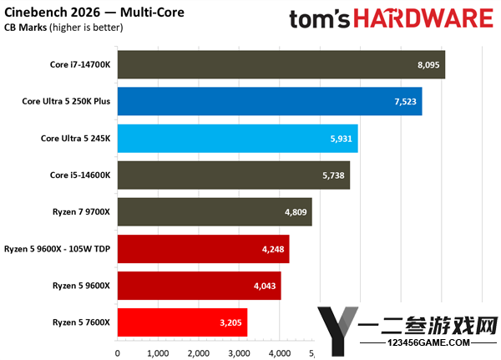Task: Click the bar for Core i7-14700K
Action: tap(281, 64)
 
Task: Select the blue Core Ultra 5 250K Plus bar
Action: tap(270, 101)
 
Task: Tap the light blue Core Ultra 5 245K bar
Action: tap(238, 139)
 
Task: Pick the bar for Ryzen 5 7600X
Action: tap(182, 322)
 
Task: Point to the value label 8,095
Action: tap(428, 65)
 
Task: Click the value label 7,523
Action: tap(406, 102)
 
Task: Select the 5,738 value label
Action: tap(333, 175)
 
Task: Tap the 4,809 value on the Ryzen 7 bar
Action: tap(296, 212)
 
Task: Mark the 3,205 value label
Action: tap(230, 322)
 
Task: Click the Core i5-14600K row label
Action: tap(80, 175)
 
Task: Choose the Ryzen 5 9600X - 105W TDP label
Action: tap(57, 249)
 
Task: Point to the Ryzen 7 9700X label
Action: tap(81, 212)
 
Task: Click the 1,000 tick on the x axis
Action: tap(158, 353)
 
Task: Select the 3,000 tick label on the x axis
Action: tap(239, 353)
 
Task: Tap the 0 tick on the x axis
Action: tap(117, 353)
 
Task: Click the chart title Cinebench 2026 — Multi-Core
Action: tap(94, 13)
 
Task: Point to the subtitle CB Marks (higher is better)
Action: tap(63, 28)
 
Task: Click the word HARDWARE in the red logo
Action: tap(423, 18)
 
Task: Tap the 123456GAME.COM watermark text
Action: tap(428, 342)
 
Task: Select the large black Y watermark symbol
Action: tap(337, 331)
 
